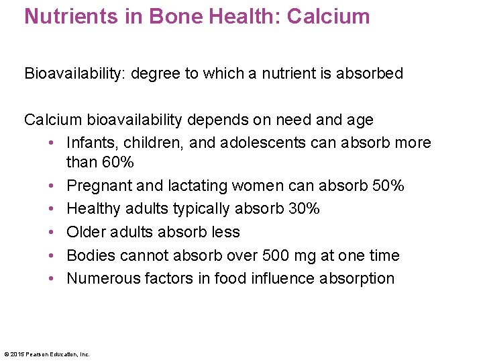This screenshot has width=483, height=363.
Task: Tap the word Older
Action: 86,232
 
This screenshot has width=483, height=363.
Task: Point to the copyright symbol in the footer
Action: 6,354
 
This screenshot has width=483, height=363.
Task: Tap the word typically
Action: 198,208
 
